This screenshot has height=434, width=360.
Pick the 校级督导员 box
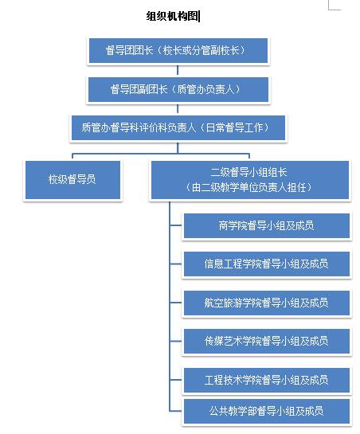point(72,180)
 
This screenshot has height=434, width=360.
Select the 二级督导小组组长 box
point(249,180)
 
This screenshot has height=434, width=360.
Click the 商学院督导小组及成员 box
point(266,225)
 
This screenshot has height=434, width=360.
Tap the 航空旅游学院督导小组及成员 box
point(266,303)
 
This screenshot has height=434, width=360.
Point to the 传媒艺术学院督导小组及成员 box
point(266,341)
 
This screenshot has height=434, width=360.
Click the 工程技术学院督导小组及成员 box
point(266,379)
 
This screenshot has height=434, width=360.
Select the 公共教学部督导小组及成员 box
point(266,411)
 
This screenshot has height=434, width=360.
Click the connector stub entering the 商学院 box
point(176,226)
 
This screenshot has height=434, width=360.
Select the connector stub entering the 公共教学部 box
point(176,412)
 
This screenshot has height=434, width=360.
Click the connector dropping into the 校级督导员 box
point(72,156)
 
